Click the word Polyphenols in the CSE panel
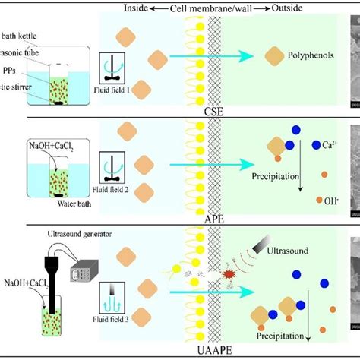(310, 56)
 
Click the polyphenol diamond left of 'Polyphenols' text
(274, 57)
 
